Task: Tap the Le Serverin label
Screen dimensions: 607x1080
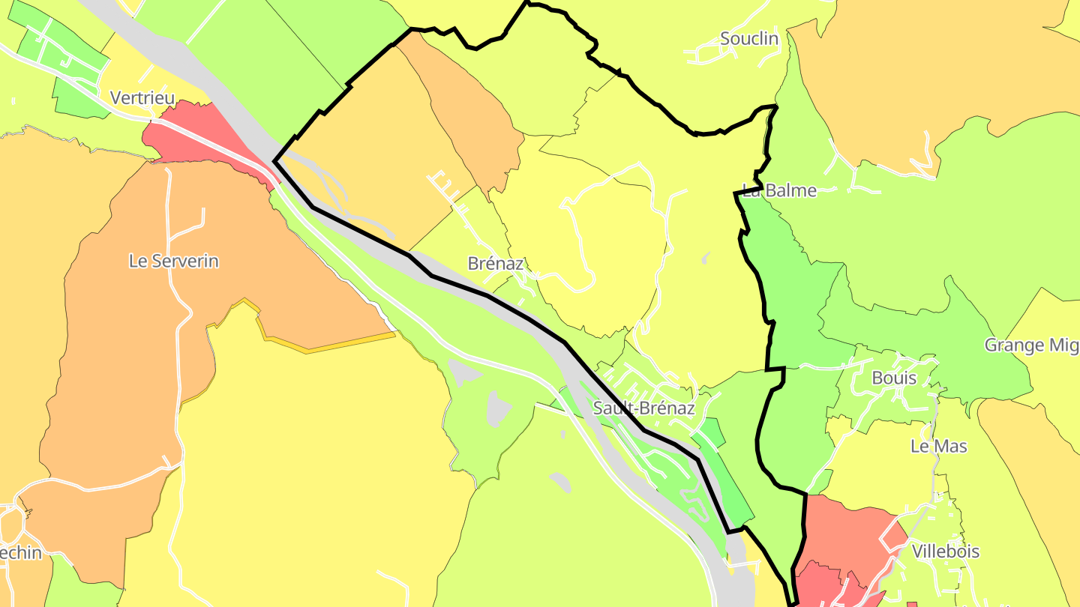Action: click(174, 261)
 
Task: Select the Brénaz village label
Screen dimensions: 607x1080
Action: click(495, 263)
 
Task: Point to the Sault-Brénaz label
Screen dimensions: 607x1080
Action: click(643, 408)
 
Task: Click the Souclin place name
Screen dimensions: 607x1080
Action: click(748, 38)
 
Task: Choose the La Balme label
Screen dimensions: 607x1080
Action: click(779, 190)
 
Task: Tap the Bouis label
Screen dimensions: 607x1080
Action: click(894, 378)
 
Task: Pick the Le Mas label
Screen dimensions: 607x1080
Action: click(938, 446)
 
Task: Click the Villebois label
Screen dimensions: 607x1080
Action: click(945, 552)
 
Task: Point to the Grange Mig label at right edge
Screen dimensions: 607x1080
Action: click(1031, 345)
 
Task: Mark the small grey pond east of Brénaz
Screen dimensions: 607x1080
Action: click(706, 259)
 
